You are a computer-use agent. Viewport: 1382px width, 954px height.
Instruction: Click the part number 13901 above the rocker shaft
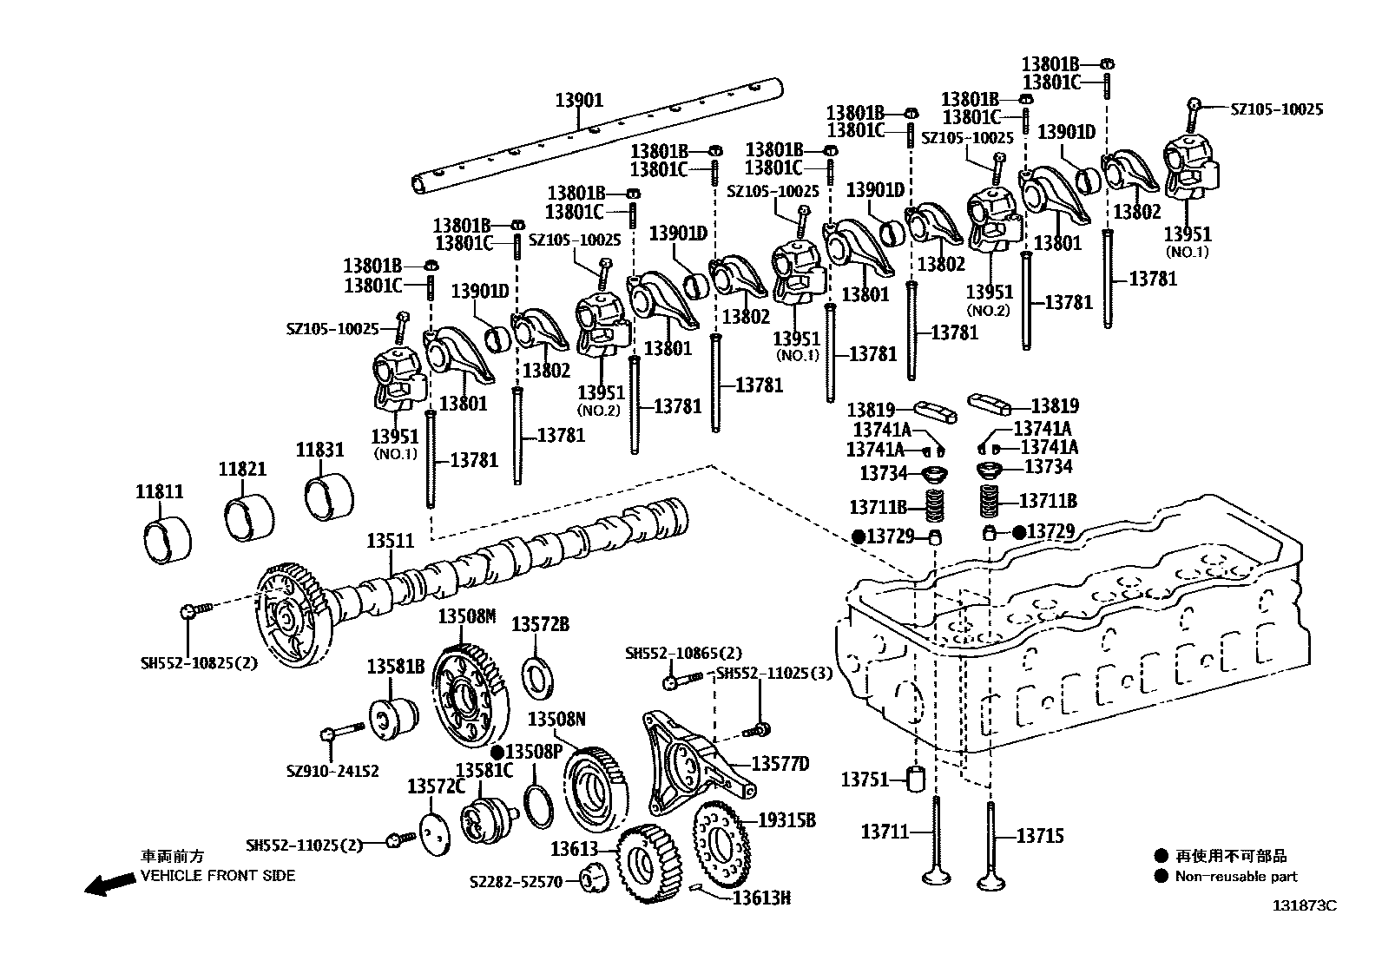click(579, 101)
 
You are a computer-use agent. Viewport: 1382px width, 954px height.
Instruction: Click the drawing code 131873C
click(1304, 905)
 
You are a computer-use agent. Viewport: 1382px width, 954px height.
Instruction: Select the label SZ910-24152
click(332, 771)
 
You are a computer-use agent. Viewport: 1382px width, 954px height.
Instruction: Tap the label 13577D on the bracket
click(780, 764)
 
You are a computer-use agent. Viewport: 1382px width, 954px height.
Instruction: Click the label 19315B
click(786, 819)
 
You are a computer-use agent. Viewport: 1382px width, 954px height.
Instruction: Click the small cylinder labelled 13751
click(919, 779)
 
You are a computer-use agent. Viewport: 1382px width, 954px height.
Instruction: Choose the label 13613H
click(761, 898)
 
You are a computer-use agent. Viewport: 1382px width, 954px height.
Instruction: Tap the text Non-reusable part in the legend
click(1236, 877)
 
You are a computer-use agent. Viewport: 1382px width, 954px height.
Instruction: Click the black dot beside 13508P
click(497, 751)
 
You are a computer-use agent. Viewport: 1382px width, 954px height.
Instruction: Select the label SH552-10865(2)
click(683, 653)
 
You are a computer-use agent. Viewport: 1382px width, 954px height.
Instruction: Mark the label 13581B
click(395, 667)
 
